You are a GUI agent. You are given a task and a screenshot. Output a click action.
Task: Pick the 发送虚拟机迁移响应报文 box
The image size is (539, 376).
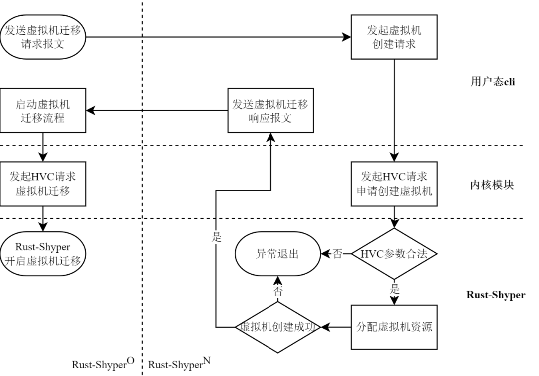(270, 110)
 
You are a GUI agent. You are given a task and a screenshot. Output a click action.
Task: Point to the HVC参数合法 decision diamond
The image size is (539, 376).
(394, 254)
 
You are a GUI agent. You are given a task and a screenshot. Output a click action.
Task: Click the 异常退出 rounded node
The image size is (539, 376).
(277, 254)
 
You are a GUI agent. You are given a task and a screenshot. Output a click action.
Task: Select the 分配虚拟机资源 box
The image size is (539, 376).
(394, 327)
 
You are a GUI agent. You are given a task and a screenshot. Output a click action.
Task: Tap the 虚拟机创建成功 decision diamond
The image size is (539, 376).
(277, 327)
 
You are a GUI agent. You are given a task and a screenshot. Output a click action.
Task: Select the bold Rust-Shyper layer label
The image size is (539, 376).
(495, 295)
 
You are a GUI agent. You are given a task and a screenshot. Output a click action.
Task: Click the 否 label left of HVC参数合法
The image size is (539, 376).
(338, 254)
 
